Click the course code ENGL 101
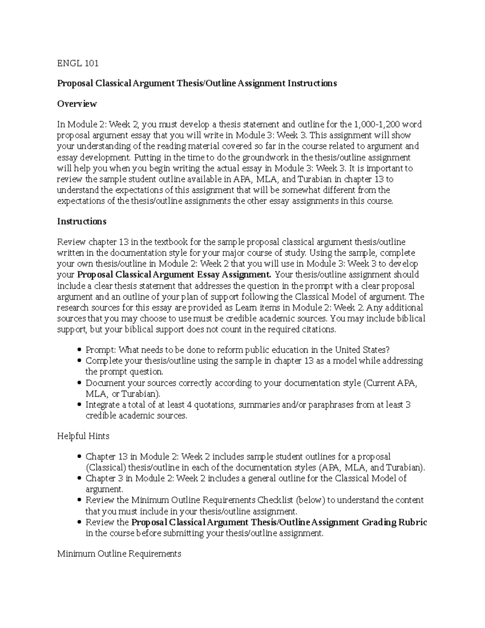coord(78,63)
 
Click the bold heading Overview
coord(77,104)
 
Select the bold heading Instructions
coord(82,222)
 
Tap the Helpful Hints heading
coord(83,436)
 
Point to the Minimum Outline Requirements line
coord(119,554)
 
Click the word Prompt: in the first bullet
coord(100,350)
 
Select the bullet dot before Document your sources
coord(79,383)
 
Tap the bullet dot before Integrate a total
coord(79,405)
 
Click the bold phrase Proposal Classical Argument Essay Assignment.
coord(174,275)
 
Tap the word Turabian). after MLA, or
coord(141,394)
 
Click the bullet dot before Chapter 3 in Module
coord(79,479)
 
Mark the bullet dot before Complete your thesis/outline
coord(79,361)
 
